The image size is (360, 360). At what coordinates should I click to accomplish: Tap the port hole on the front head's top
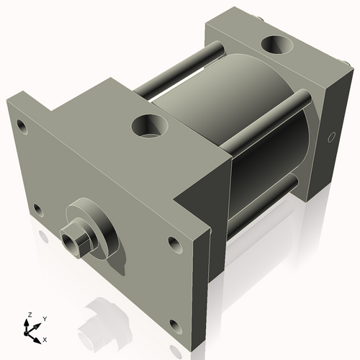pos(150,127)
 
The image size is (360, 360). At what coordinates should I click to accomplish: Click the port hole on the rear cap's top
pos(276,46)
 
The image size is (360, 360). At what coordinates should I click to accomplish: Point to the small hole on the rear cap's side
pos(331,136)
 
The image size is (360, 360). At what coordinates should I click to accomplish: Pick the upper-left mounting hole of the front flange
pos(22,129)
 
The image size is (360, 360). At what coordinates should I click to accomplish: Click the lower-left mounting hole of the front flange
pos(37,210)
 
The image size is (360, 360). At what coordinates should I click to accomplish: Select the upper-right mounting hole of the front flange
pos(174,242)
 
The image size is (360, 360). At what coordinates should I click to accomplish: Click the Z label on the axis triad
pos(29,315)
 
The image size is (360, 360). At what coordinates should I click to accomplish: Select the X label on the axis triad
pos(45,338)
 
